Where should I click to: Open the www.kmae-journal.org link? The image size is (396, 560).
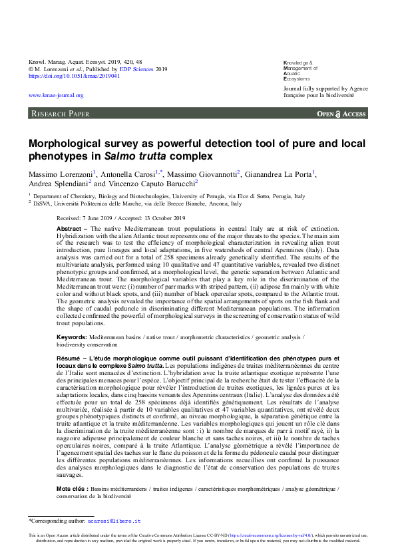(x=55, y=95)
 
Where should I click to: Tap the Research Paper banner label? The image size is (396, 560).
(x=61, y=114)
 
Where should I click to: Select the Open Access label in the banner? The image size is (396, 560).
(x=341, y=114)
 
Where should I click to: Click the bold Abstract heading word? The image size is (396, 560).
(x=69, y=228)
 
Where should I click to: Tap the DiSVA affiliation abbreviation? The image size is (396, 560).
(x=43, y=204)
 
